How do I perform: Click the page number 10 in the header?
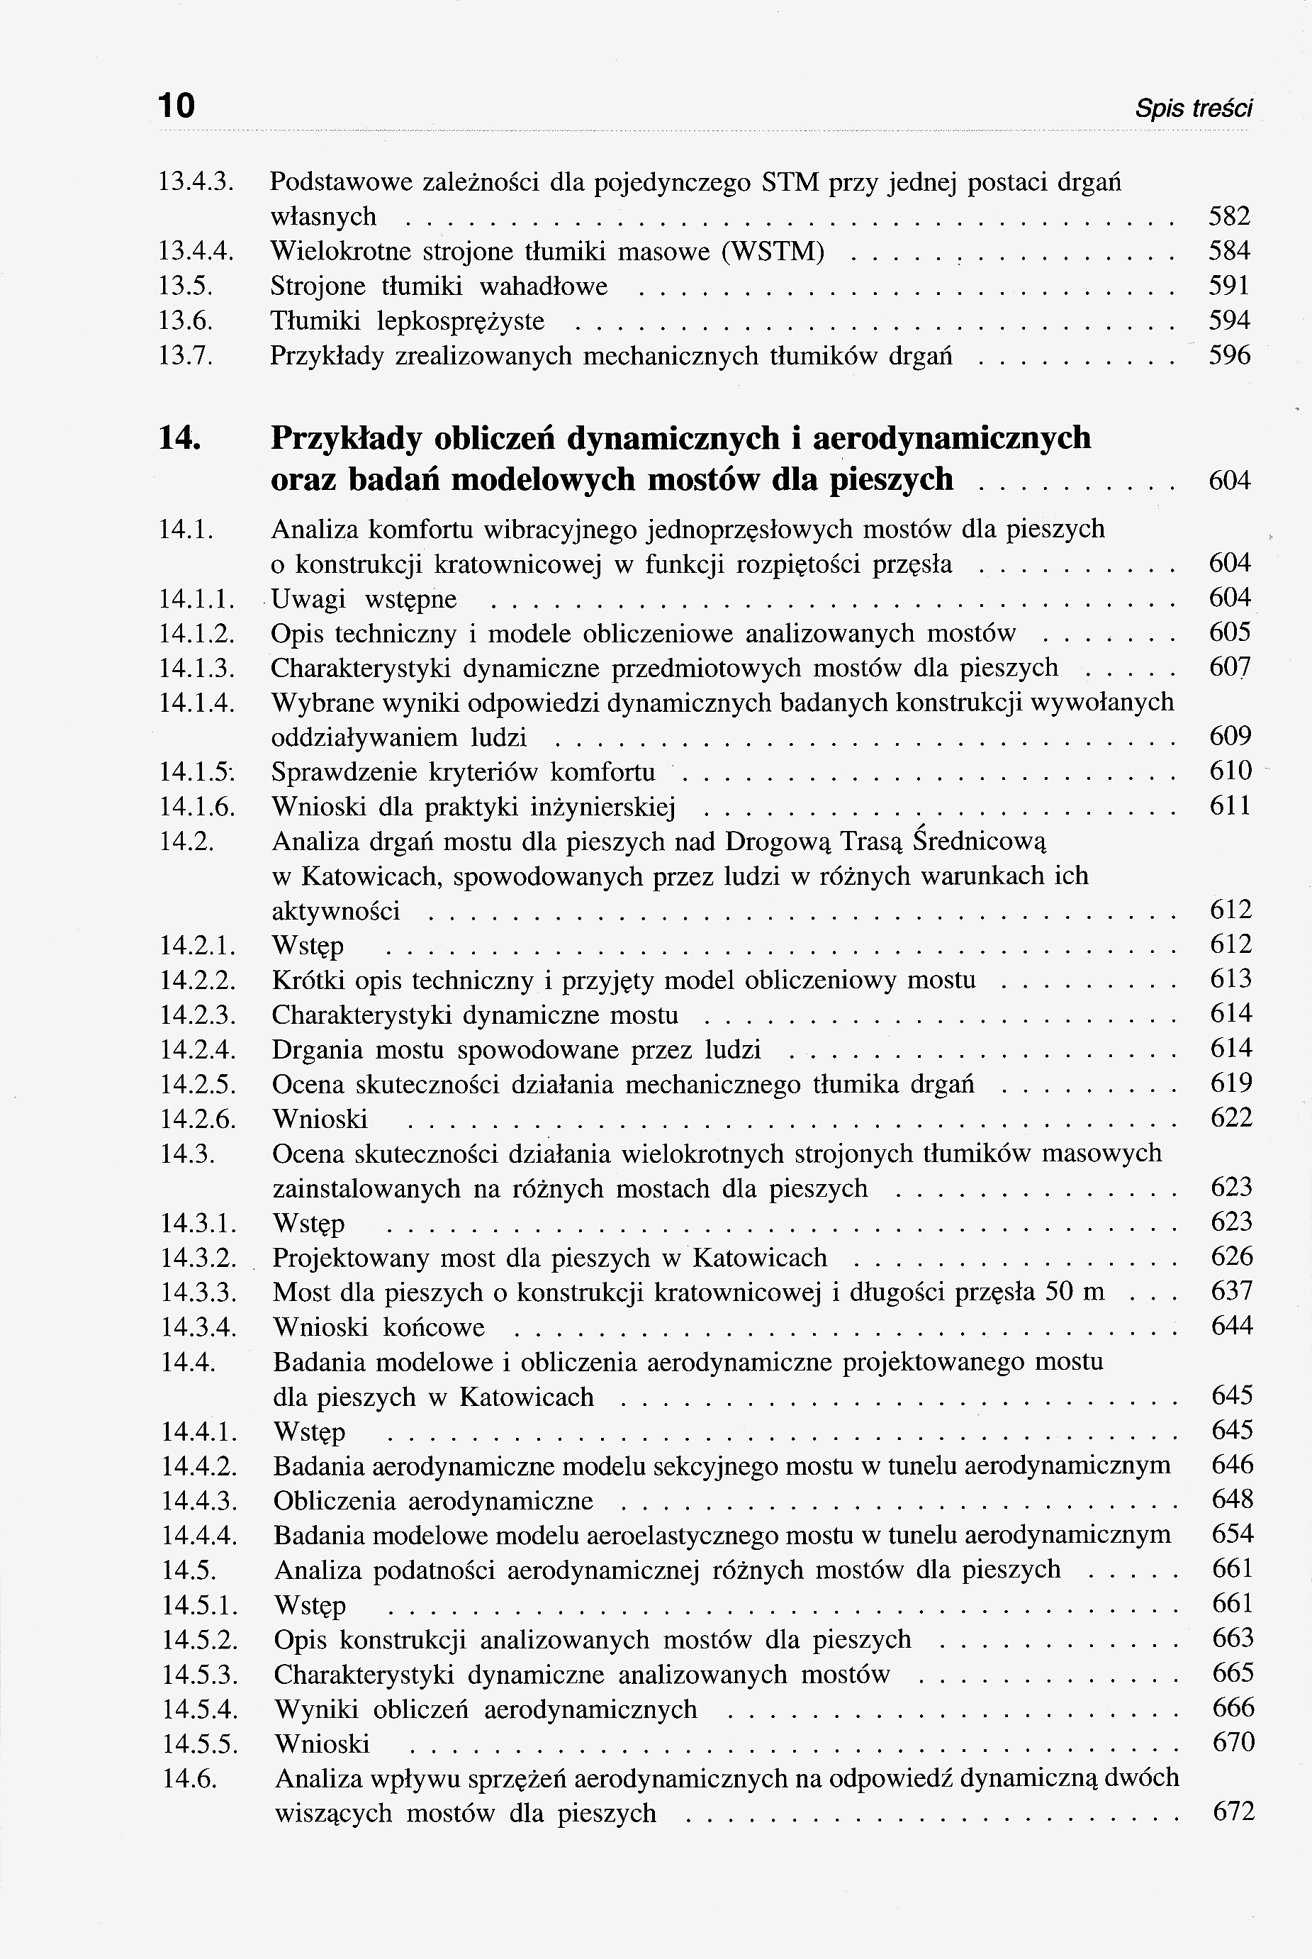[176, 106]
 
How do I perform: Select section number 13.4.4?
[196, 251]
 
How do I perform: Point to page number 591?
[1230, 286]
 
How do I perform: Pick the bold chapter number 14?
[180, 437]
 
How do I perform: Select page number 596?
[1230, 357]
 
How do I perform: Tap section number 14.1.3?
[196, 668]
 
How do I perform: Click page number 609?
[1230, 737]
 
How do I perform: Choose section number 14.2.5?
[198, 1085]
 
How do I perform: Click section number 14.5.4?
[200, 1709]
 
